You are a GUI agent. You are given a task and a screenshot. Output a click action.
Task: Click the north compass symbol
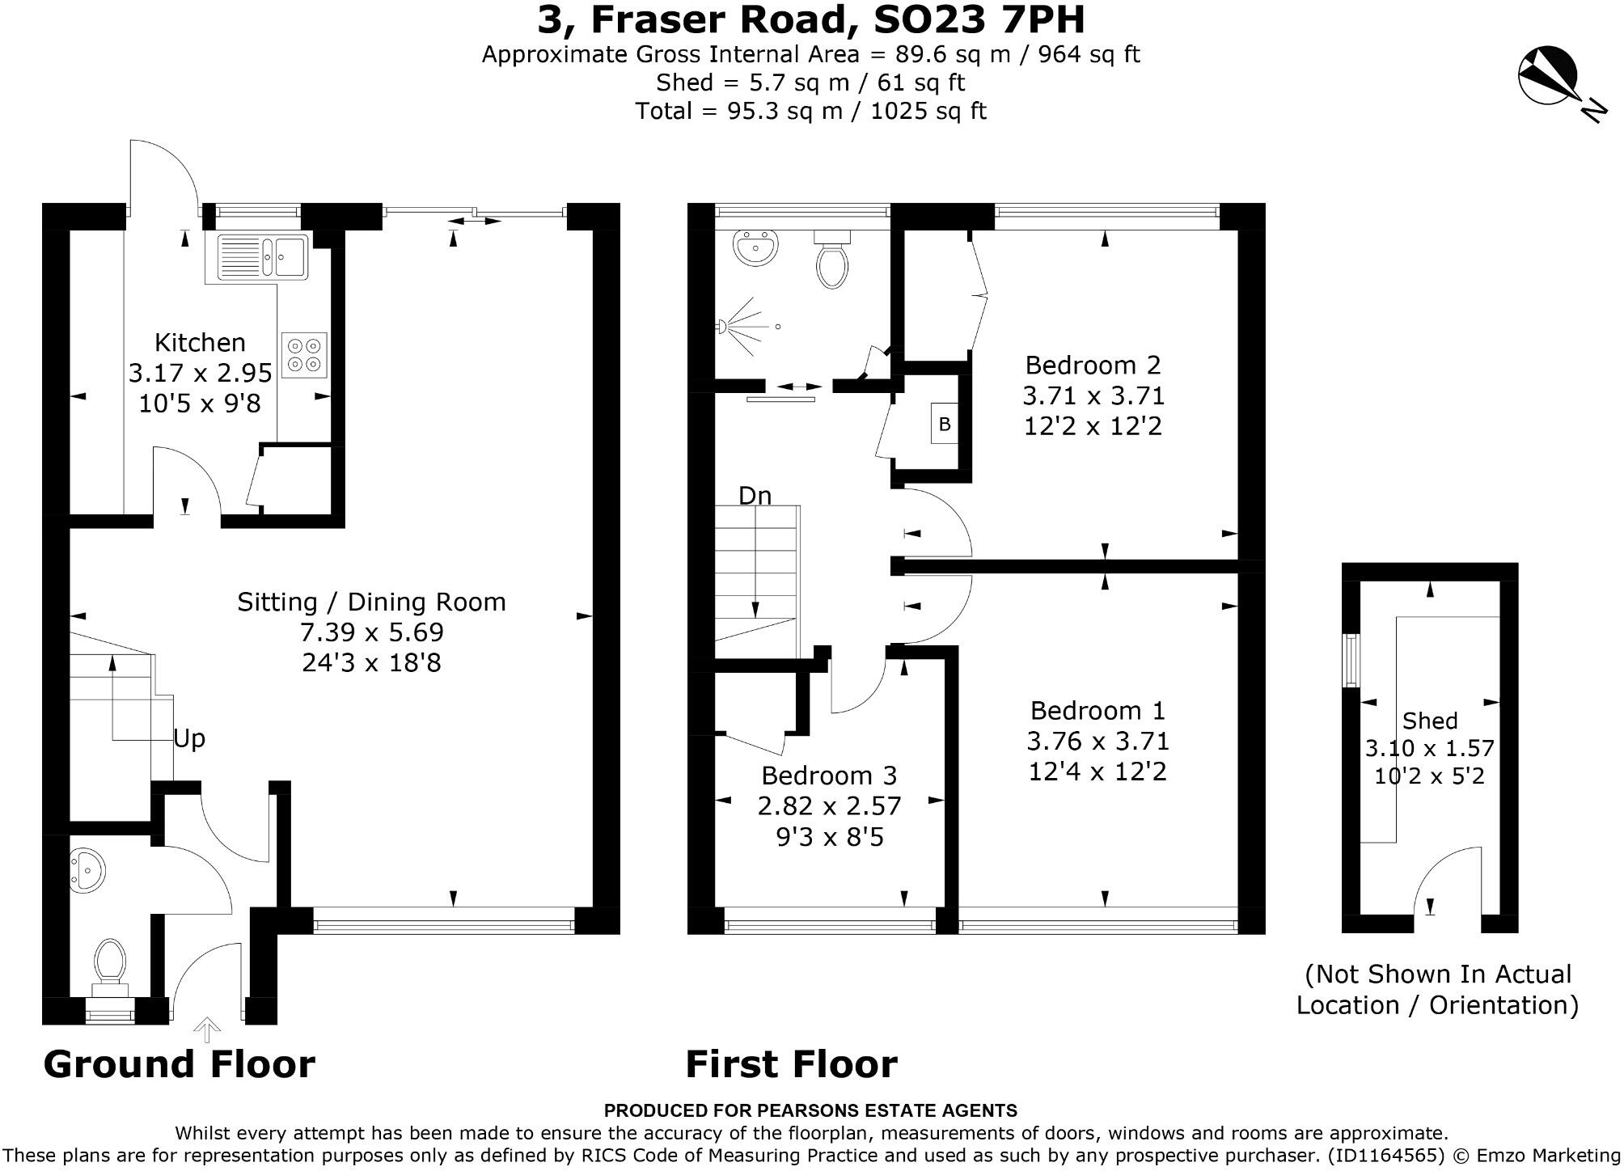point(1548,78)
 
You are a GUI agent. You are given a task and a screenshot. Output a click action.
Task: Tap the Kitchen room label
point(200,342)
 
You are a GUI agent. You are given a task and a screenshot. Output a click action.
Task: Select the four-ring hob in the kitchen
point(305,355)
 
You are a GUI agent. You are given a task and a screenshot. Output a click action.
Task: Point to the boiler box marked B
point(944,423)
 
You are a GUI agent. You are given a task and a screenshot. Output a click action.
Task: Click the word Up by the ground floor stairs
point(189,739)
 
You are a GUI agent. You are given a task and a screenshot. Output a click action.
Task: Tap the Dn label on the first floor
point(755,495)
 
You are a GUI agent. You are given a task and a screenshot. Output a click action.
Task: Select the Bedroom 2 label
point(1093,366)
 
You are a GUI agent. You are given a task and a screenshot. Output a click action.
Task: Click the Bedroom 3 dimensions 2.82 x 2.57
point(829,806)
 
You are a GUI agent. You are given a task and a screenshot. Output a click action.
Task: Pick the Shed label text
point(1430,720)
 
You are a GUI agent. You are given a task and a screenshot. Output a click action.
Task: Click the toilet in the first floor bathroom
point(832,260)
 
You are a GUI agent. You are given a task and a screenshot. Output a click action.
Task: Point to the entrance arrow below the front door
point(208,1031)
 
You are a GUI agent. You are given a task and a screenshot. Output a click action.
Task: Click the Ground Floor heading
point(180,1064)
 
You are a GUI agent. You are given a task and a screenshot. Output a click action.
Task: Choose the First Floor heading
point(792,1064)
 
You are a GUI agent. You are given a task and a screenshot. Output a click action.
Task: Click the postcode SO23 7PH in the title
point(979,20)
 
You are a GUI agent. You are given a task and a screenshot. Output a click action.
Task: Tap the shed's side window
point(1351,660)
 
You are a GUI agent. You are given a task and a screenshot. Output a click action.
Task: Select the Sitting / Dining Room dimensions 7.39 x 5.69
point(372,632)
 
